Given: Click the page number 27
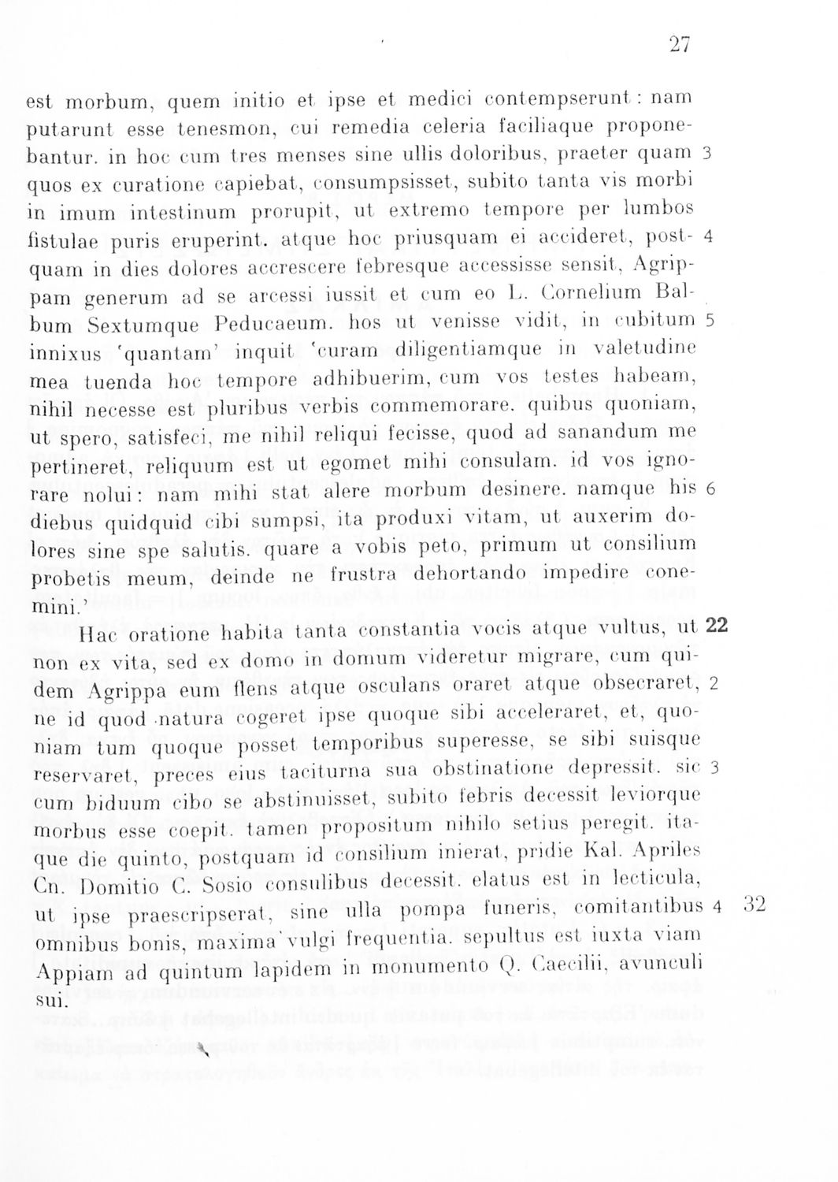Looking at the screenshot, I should [679, 45].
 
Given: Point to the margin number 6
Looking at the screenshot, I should [710, 489].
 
